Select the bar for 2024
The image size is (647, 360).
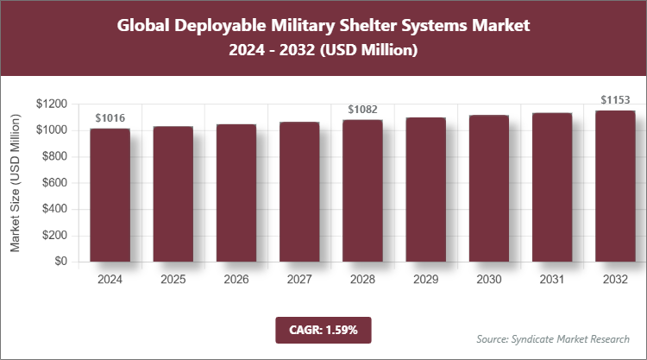(x=110, y=195)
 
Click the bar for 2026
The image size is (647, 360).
(x=236, y=193)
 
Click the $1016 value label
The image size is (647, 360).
(x=110, y=118)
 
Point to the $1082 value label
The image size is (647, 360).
(x=362, y=110)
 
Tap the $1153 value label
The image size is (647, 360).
(x=614, y=100)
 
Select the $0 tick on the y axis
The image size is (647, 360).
(x=60, y=262)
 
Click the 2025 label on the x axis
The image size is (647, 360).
(x=173, y=280)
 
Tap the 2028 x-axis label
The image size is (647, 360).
(x=362, y=280)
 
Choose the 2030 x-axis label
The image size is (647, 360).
(x=488, y=280)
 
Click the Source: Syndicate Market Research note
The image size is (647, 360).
(x=552, y=338)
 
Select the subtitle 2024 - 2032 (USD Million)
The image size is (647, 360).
(x=323, y=51)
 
